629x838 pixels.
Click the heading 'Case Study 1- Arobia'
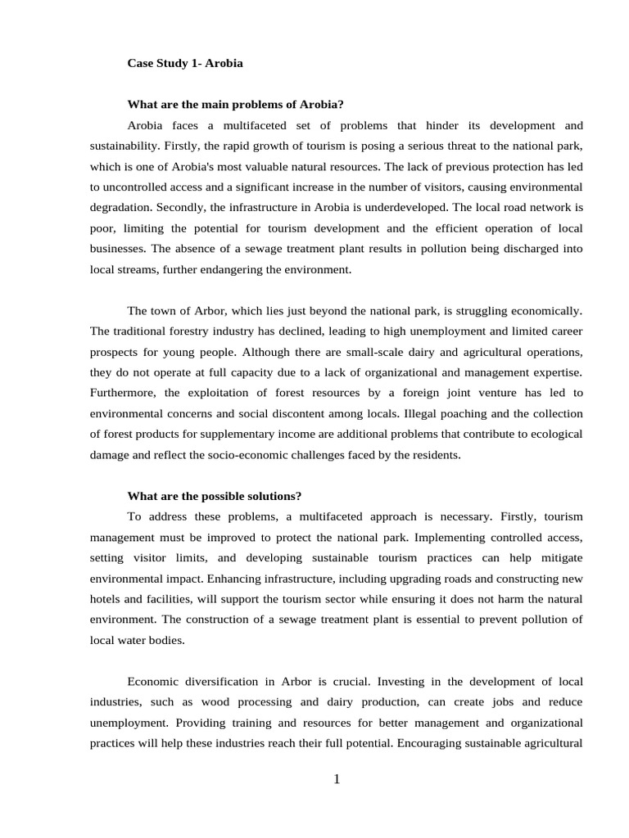(185, 63)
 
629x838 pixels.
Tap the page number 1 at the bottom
(336, 779)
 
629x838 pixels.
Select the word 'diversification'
(228, 682)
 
